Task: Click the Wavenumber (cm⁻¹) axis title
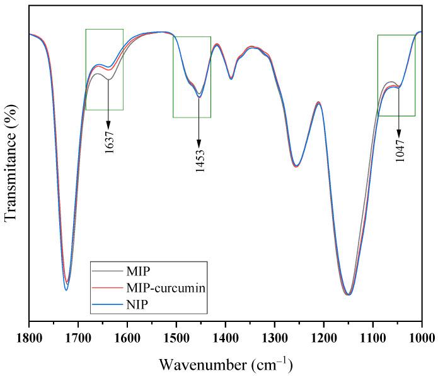tap(225, 364)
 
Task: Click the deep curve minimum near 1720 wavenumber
tap(67, 289)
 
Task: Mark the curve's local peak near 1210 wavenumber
tap(319, 102)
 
